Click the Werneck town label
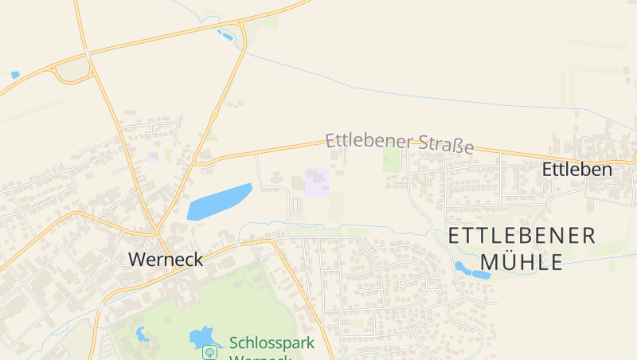166,259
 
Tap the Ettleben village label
576,169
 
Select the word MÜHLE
522,261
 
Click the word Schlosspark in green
272,343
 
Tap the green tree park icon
209,351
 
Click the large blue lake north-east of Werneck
218,202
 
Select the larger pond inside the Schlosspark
203,337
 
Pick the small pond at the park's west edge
143,334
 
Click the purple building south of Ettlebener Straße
316,182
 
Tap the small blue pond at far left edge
14,75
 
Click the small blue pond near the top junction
225,35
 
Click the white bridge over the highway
85,53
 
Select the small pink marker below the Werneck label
155,270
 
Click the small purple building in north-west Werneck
151,158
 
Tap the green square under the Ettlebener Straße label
391,160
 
